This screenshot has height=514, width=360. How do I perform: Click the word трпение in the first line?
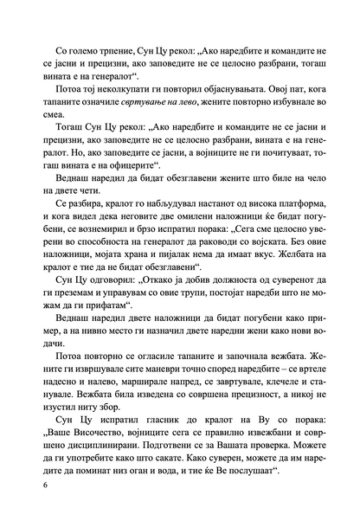(111, 41)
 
